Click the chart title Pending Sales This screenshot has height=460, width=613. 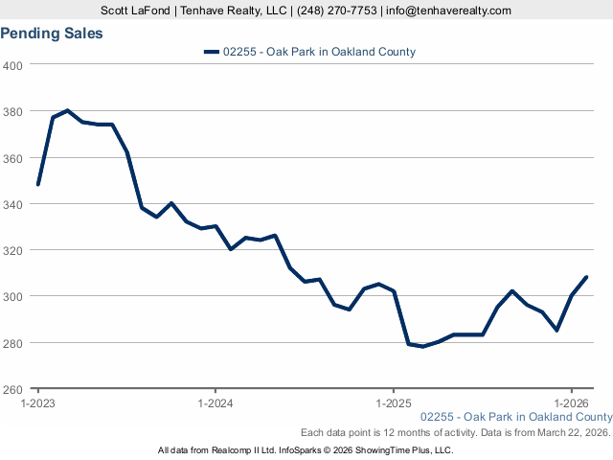pyautogui.click(x=52, y=34)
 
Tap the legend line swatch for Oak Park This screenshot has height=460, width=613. pyautogui.click(x=211, y=52)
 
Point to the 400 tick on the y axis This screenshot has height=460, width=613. pyautogui.click(x=13, y=65)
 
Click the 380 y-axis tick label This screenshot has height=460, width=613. pyautogui.click(x=13, y=111)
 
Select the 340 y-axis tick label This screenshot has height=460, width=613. pyautogui.click(x=13, y=204)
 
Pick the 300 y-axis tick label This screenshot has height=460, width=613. pyautogui.click(x=13, y=296)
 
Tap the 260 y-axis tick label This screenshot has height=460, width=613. pyautogui.click(x=13, y=389)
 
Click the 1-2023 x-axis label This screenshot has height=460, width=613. pyautogui.click(x=38, y=403)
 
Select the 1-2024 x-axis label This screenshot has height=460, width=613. pyautogui.click(x=216, y=403)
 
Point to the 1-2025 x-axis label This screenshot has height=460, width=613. pyautogui.click(x=394, y=403)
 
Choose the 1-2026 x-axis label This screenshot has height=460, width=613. pyautogui.click(x=571, y=403)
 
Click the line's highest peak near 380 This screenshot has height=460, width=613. pyautogui.click(x=67, y=110)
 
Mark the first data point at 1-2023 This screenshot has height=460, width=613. pyautogui.click(x=38, y=184)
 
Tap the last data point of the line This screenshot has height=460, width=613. pyautogui.click(x=586, y=277)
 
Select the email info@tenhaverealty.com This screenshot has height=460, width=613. pyautogui.click(x=448, y=11)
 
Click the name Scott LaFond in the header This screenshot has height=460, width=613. pyautogui.click(x=137, y=11)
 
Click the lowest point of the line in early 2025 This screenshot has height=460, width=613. pyautogui.click(x=423, y=346)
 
